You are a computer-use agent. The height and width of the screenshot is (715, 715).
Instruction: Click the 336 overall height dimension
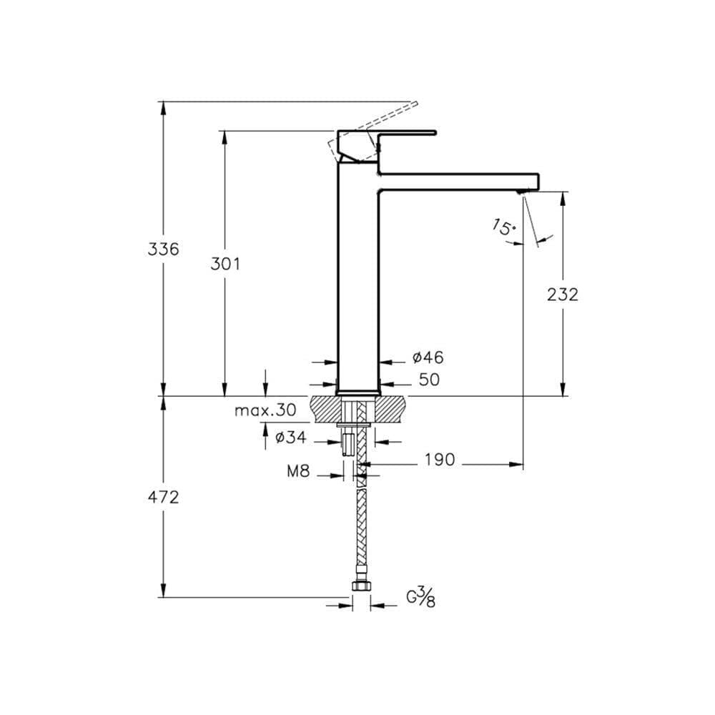coord(163,249)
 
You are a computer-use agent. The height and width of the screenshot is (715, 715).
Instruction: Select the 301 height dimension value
coord(225,264)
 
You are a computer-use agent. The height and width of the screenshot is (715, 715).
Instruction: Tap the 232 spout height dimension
coord(563,295)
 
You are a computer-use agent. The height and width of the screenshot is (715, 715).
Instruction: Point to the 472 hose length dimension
coord(163,497)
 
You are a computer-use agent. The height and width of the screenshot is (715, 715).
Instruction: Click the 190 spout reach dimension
coord(440,460)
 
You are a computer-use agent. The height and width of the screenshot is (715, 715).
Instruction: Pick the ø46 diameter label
coord(428,357)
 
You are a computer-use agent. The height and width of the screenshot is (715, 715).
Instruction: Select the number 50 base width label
coord(429,380)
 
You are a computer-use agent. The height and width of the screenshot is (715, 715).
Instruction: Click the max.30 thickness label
coord(265,410)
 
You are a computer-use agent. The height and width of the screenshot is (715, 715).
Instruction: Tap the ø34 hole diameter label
coord(291,438)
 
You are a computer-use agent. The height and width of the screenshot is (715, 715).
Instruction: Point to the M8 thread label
coord(298,471)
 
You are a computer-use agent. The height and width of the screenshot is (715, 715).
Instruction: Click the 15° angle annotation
coord(504,227)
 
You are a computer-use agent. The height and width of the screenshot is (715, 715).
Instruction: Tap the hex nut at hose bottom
coord(361,586)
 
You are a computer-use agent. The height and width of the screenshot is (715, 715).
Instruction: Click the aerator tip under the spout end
coord(521,192)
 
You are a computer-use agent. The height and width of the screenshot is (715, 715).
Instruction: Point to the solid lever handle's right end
coord(435,133)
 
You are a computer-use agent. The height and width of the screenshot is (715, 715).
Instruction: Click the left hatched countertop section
coord(325,409)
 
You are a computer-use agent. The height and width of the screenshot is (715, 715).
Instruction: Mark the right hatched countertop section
coord(390,409)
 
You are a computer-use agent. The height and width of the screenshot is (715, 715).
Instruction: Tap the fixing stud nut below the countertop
coord(347,444)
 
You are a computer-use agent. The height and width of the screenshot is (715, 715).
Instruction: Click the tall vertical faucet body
coord(358,278)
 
